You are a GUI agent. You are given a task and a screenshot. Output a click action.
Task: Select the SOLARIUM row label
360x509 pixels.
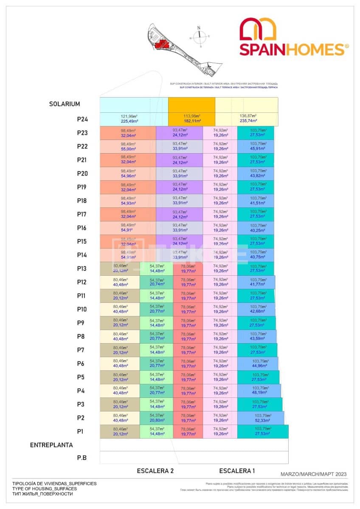point(64,104)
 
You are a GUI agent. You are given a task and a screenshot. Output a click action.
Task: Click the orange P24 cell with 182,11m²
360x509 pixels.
point(192,119)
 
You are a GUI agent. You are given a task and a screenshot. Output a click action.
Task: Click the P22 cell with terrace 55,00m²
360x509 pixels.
point(128,146)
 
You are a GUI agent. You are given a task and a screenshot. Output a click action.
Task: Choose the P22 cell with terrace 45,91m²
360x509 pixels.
point(255,146)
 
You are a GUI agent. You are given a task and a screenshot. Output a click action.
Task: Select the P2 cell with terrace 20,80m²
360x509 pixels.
point(156,418)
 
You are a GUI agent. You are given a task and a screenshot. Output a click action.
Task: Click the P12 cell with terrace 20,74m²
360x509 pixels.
point(156,282)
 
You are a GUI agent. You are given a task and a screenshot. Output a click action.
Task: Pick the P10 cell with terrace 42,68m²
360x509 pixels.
point(256,309)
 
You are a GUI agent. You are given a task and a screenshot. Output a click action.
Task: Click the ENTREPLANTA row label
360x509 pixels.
point(51,445)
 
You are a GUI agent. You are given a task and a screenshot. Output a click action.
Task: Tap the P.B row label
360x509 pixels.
point(81,458)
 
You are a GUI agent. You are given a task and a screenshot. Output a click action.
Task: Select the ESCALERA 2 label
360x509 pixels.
point(155,471)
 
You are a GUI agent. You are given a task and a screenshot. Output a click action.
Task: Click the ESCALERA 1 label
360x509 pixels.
point(237,471)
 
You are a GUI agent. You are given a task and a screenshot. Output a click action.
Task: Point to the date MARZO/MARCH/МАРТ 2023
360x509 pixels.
point(313,474)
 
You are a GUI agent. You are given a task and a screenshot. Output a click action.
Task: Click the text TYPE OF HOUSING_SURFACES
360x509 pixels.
point(45,489)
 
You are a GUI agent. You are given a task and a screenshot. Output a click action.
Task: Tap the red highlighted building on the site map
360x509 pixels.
point(161,44)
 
